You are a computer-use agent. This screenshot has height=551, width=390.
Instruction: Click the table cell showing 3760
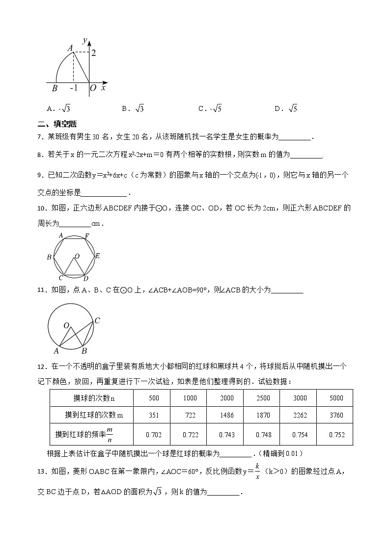click(336, 415)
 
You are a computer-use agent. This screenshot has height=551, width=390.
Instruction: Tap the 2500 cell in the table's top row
click(263, 398)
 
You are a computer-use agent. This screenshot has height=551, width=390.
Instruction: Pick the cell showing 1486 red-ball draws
click(226, 415)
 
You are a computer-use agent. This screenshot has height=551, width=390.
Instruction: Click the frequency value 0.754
click(300, 434)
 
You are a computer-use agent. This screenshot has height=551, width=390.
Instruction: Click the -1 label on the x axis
click(74, 88)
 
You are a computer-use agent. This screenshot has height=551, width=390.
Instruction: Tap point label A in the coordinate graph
click(70, 47)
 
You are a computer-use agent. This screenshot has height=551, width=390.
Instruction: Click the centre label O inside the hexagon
click(77, 256)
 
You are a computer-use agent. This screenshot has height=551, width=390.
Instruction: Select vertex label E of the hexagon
click(98, 256)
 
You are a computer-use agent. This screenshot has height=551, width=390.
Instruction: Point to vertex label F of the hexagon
click(87, 236)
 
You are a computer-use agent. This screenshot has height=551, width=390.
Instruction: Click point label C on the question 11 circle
click(97, 321)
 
